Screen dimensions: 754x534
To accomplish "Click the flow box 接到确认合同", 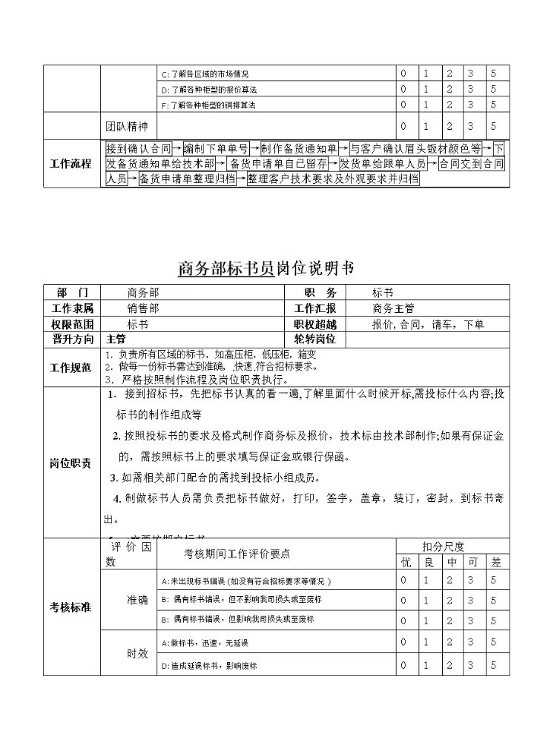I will pyautogui.click(x=139, y=148).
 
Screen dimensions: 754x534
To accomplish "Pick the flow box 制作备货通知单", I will pyautogui.click(x=300, y=148).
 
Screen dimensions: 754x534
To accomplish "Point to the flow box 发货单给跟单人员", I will pyautogui.click(x=383, y=163).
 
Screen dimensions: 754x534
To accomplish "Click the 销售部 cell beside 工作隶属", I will pyautogui.click(x=142, y=308).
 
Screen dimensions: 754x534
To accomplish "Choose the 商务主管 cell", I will pyautogui.click(x=393, y=308).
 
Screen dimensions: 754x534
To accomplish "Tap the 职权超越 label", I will pyautogui.click(x=315, y=324).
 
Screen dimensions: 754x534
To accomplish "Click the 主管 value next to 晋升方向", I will pyautogui.click(x=116, y=339).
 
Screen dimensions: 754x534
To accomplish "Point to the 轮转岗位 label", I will pyautogui.click(x=315, y=339).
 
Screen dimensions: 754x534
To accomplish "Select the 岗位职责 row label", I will pyautogui.click(x=70, y=463).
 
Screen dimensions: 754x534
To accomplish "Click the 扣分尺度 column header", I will pyautogui.click(x=443, y=546).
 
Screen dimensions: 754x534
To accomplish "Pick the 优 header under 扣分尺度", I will pyautogui.click(x=405, y=562).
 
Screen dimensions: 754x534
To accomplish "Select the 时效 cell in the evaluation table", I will pyautogui.click(x=138, y=654).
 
